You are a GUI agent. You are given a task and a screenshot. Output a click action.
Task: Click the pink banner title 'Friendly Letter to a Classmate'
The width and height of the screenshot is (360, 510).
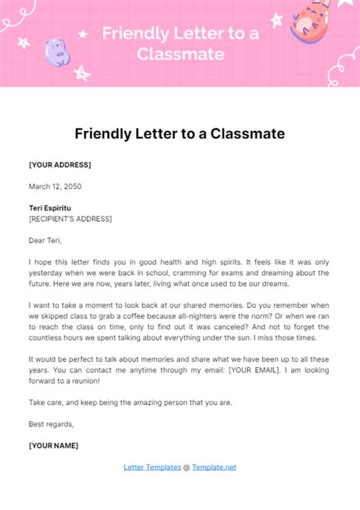pos(179,43)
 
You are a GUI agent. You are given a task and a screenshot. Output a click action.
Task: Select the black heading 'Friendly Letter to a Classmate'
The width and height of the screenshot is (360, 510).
pos(180,134)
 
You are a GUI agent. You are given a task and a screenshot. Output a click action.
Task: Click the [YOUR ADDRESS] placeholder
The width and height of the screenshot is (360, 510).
pos(60,165)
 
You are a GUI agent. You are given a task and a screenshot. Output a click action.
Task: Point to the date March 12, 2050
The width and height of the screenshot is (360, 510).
pos(55,186)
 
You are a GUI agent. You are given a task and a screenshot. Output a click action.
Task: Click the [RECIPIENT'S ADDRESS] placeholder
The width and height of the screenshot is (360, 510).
pos(70,219)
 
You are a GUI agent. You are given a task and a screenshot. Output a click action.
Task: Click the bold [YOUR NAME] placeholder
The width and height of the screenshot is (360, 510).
pos(53,445)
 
